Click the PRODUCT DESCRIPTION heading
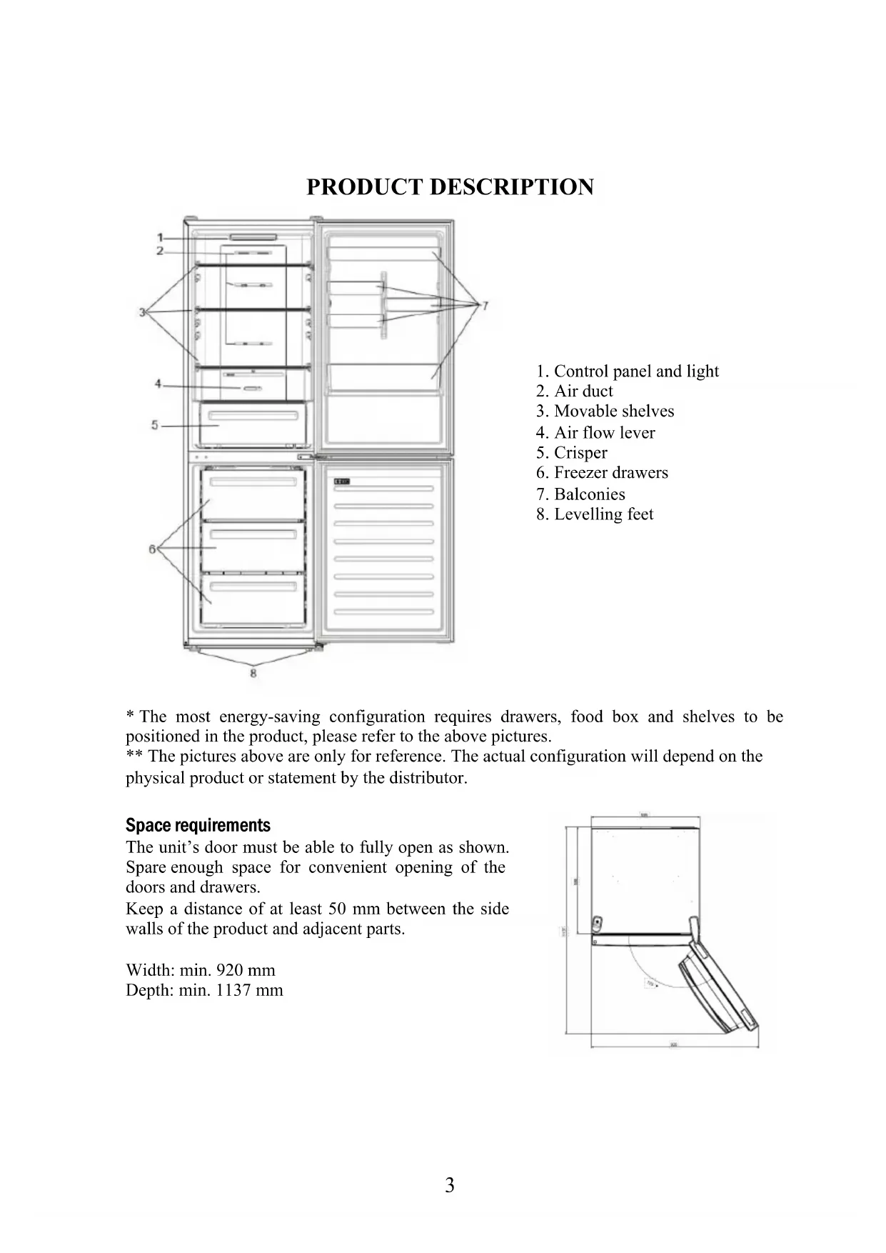pyautogui.click(x=450, y=187)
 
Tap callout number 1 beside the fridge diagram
pyautogui.click(x=161, y=238)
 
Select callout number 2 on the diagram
pyautogui.click(x=161, y=251)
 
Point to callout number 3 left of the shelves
pyautogui.click(x=143, y=311)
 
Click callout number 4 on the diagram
pyautogui.click(x=158, y=384)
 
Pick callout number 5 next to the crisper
pyautogui.click(x=155, y=425)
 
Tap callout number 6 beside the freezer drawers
pyautogui.click(x=152, y=549)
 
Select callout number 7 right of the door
pyautogui.click(x=485, y=306)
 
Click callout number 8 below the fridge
pyautogui.click(x=253, y=672)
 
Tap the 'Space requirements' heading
pyautogui.click(x=198, y=826)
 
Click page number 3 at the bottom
pyautogui.click(x=450, y=1186)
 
